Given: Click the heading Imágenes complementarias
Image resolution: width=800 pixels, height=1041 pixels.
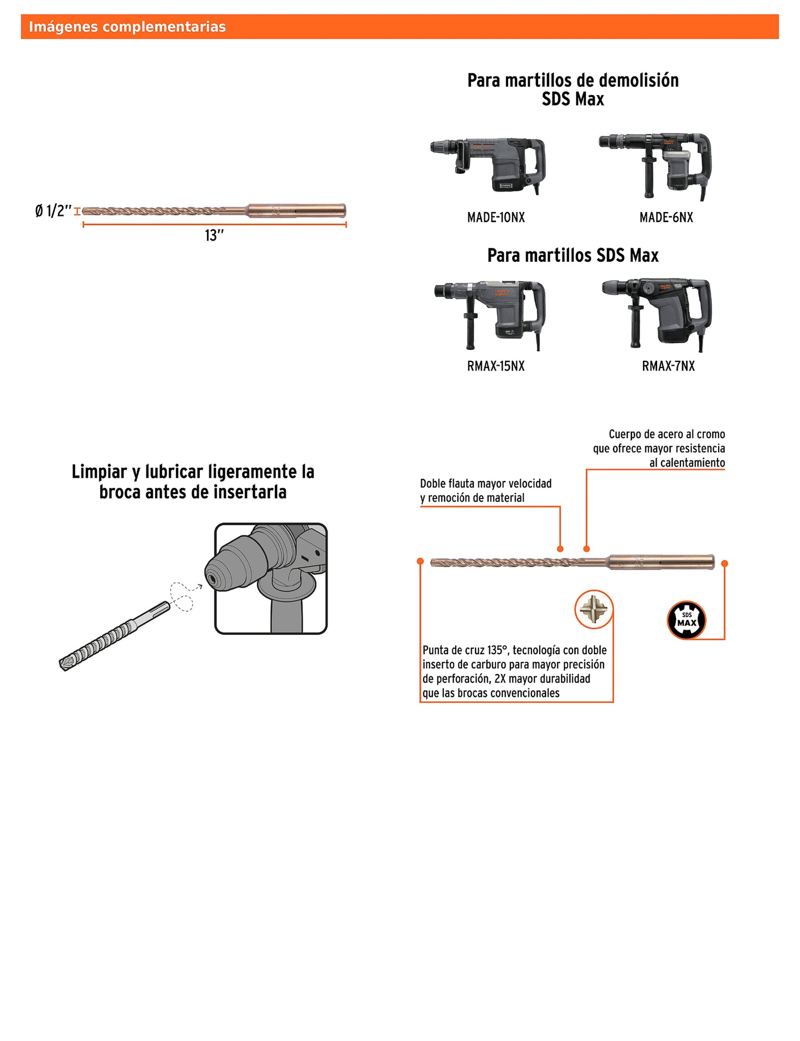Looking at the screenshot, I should [127, 27].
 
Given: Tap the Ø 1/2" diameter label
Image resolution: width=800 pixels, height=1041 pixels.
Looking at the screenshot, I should [53, 211].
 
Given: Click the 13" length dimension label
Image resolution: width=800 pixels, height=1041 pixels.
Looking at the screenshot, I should [214, 236].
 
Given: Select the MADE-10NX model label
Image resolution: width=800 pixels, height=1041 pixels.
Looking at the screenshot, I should [496, 217].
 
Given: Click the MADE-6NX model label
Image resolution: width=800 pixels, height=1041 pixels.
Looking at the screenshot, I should [666, 217].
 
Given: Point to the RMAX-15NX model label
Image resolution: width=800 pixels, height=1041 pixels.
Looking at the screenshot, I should [496, 366].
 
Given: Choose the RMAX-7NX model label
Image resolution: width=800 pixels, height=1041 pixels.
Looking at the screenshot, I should [668, 366].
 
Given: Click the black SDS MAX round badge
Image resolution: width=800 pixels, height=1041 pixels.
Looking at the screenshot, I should [687, 620].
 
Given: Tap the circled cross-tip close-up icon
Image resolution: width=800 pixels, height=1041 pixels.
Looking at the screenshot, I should [593, 609].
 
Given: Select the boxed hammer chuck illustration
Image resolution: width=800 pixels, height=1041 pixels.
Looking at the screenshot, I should [271, 578].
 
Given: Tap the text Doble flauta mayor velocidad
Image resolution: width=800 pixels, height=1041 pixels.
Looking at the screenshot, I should [486, 484].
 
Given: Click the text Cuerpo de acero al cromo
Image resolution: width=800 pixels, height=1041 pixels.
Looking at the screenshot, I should [667, 434].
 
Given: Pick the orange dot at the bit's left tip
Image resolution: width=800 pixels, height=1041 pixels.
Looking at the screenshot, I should [421, 561].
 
